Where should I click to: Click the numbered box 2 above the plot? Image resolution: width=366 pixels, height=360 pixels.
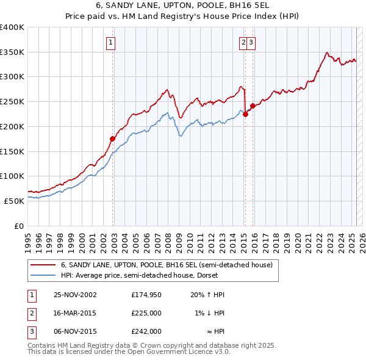(x=243, y=42)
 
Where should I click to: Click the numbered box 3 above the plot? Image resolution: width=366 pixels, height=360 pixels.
(x=251, y=42)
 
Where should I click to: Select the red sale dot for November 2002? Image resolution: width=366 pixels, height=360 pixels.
(x=113, y=139)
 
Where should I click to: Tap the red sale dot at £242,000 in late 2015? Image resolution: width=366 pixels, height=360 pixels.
(x=252, y=105)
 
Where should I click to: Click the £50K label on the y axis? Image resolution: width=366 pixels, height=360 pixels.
(x=15, y=201)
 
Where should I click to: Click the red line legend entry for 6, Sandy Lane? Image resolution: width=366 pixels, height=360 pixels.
(x=170, y=265)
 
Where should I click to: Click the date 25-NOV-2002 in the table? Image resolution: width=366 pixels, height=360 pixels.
(x=75, y=295)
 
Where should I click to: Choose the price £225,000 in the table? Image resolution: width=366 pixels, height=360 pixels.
(x=146, y=313)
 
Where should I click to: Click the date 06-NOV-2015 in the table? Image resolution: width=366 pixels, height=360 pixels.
(x=75, y=331)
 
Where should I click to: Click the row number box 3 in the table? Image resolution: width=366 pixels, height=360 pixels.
(x=31, y=331)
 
